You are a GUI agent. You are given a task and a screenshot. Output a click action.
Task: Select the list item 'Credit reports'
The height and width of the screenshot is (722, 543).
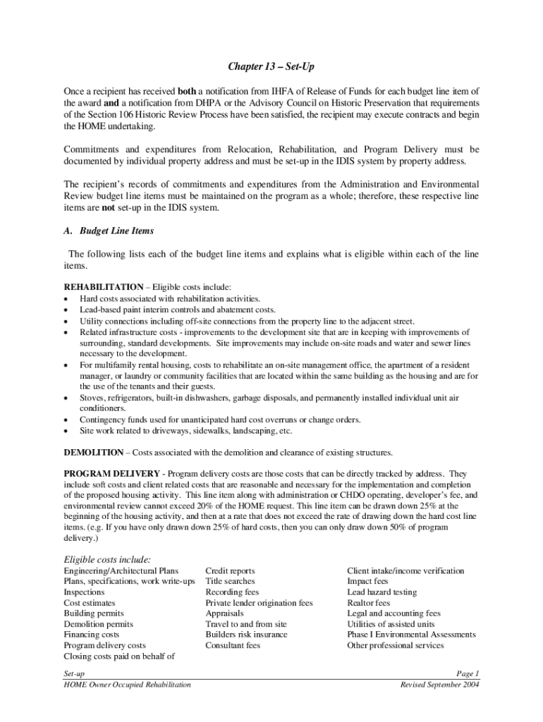pyautogui.click(x=230, y=571)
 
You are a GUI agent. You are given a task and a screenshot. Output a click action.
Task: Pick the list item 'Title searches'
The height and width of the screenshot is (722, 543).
pyautogui.click(x=230, y=582)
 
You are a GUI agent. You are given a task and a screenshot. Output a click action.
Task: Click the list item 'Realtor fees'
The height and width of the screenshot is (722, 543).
pyautogui.click(x=368, y=604)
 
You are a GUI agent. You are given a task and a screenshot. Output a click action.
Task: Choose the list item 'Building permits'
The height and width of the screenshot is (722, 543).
pyautogui.click(x=94, y=613)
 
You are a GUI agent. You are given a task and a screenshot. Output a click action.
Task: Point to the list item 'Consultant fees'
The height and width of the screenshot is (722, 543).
pyautogui.click(x=233, y=645)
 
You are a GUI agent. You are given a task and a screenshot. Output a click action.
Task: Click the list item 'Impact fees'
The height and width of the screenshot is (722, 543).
pyautogui.click(x=367, y=582)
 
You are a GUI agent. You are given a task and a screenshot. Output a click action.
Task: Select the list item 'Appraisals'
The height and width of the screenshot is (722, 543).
pyautogui.click(x=224, y=613)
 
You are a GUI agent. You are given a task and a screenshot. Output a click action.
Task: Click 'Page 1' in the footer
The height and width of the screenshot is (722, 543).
pyautogui.click(x=468, y=674)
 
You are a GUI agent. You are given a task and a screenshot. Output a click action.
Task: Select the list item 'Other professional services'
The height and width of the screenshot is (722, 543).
pyautogui.click(x=395, y=645)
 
